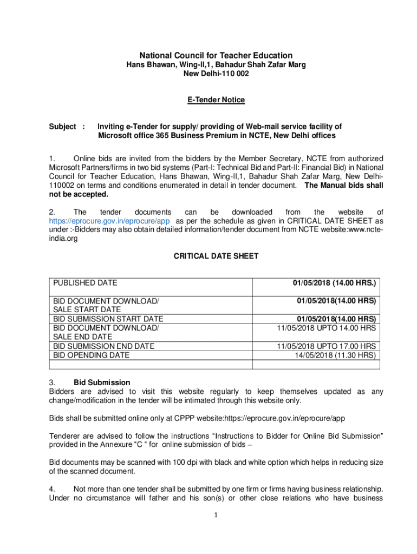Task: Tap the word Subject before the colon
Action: point(63,127)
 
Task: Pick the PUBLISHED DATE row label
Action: point(85,283)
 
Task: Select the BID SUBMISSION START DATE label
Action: point(108,319)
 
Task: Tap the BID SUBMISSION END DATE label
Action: point(103,346)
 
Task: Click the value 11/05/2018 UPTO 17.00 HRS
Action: point(326,346)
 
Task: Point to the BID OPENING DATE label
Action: point(91,355)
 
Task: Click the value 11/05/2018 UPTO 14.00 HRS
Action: point(326,328)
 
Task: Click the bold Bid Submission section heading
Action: point(102,382)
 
